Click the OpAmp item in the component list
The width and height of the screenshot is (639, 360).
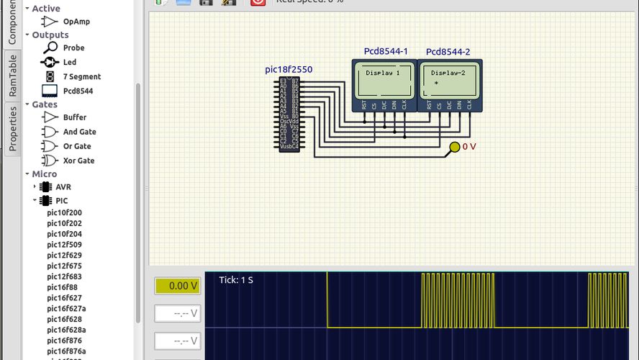coord(76,22)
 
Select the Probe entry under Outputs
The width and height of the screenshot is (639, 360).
coord(73,48)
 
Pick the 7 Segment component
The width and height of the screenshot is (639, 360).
coord(81,76)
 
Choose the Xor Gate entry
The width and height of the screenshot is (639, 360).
coord(78,161)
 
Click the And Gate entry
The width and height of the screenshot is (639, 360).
coord(79,132)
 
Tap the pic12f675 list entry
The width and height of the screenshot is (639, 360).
coord(64,266)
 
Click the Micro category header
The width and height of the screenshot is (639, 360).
coord(45,174)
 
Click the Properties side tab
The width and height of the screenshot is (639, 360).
coord(12,127)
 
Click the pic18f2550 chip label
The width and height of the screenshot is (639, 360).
coord(289,70)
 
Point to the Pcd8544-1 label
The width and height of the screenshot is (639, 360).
coord(386,52)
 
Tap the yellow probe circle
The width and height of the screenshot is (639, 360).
coord(454,147)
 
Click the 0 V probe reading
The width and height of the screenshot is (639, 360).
coord(469,147)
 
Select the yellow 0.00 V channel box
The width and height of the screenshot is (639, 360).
coord(177,286)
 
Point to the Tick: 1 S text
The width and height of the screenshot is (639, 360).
coord(236,279)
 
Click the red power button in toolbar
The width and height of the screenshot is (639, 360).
coord(258,2)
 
